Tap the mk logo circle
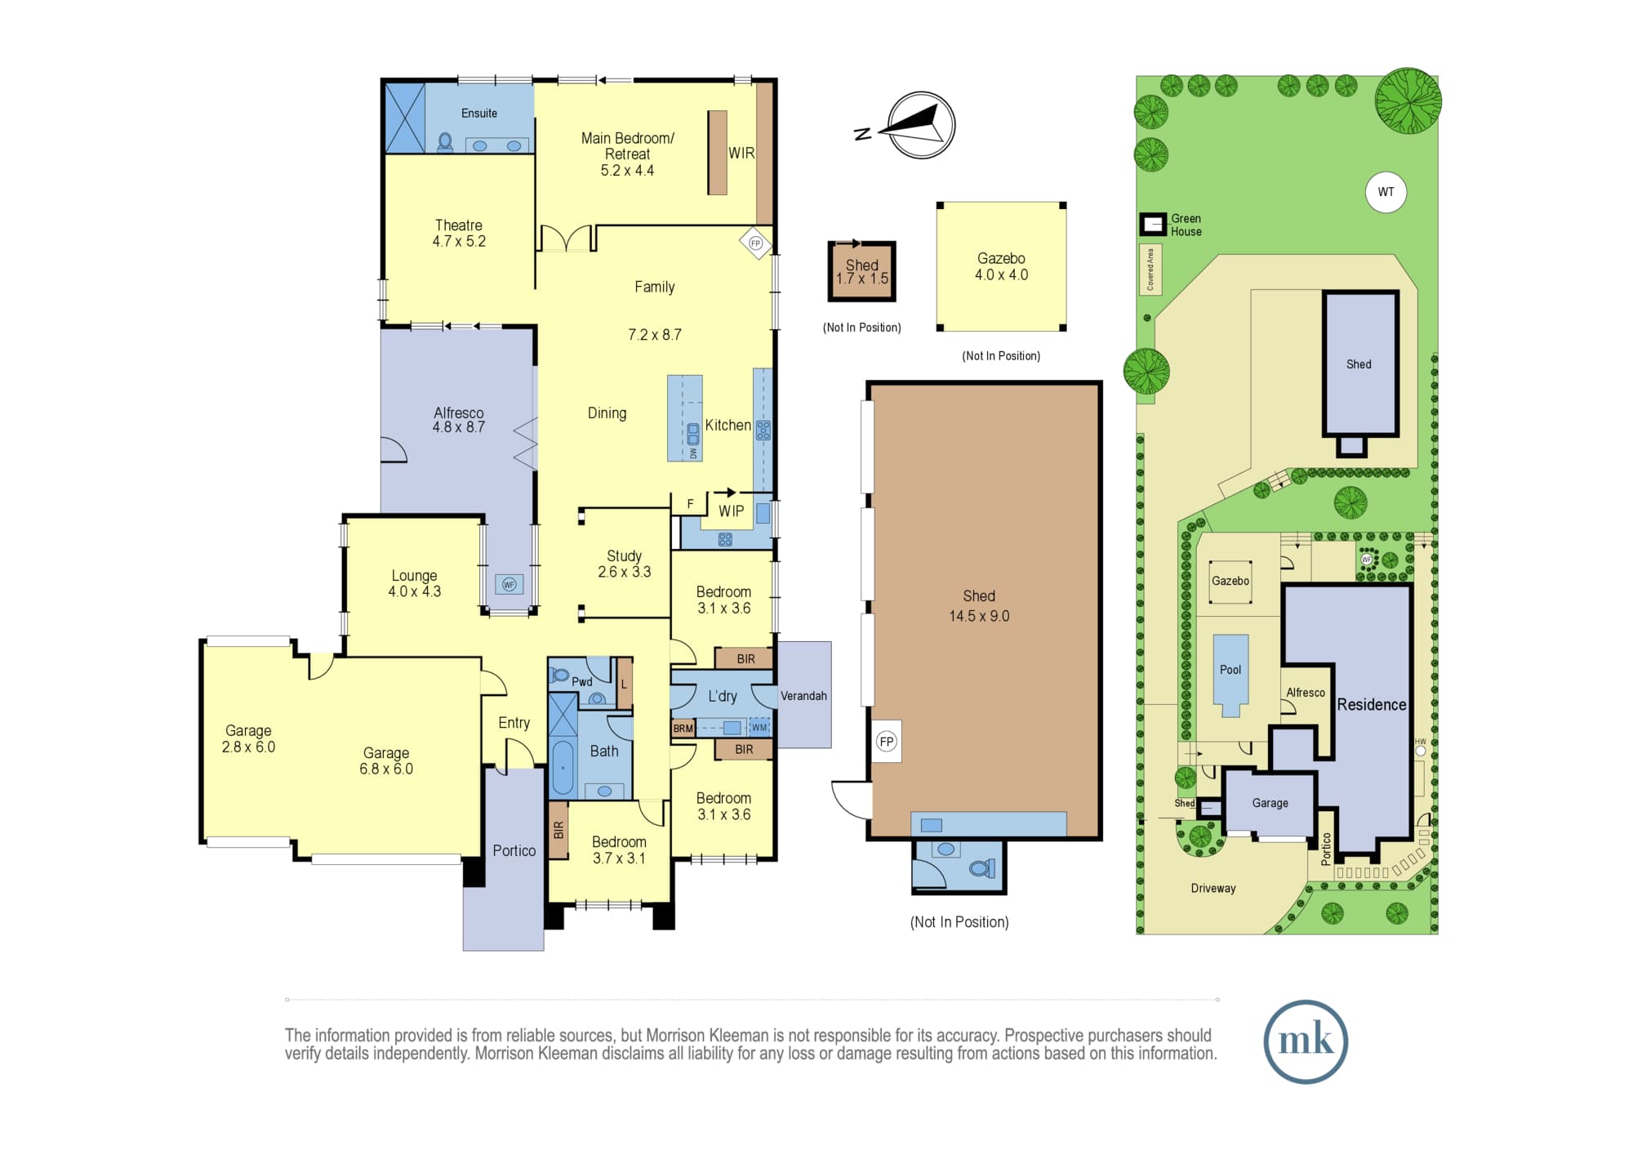pyautogui.click(x=1305, y=1041)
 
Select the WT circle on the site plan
pyautogui.click(x=1386, y=192)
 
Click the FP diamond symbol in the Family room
pyautogui.click(x=755, y=243)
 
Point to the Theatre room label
pyautogui.click(x=459, y=233)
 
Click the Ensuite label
pyautogui.click(x=479, y=114)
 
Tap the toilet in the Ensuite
pyautogui.click(x=445, y=142)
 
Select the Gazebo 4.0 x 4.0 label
pyautogui.click(x=1001, y=266)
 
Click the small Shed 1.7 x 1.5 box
pyautogui.click(x=862, y=271)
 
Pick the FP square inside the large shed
pyautogui.click(x=887, y=741)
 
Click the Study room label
pyautogui.click(x=624, y=564)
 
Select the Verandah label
pyautogui.click(x=803, y=696)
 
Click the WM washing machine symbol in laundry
pyautogui.click(x=759, y=727)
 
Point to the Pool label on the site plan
pyautogui.click(x=1230, y=670)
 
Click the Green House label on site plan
pyautogui.click(x=1186, y=225)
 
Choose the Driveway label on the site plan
pyautogui.click(x=1213, y=888)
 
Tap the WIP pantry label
pyautogui.click(x=731, y=511)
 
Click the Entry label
pyautogui.click(x=514, y=723)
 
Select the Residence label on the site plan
pyautogui.click(x=1372, y=704)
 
